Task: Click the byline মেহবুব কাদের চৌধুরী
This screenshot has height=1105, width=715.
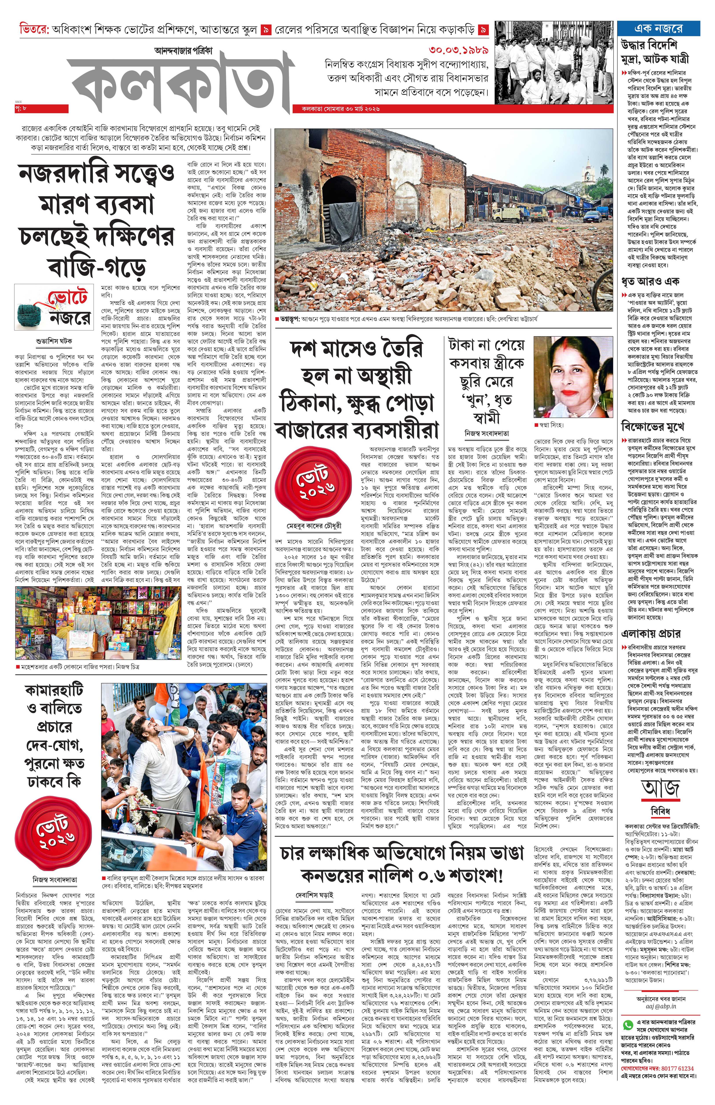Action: (314, 526)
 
